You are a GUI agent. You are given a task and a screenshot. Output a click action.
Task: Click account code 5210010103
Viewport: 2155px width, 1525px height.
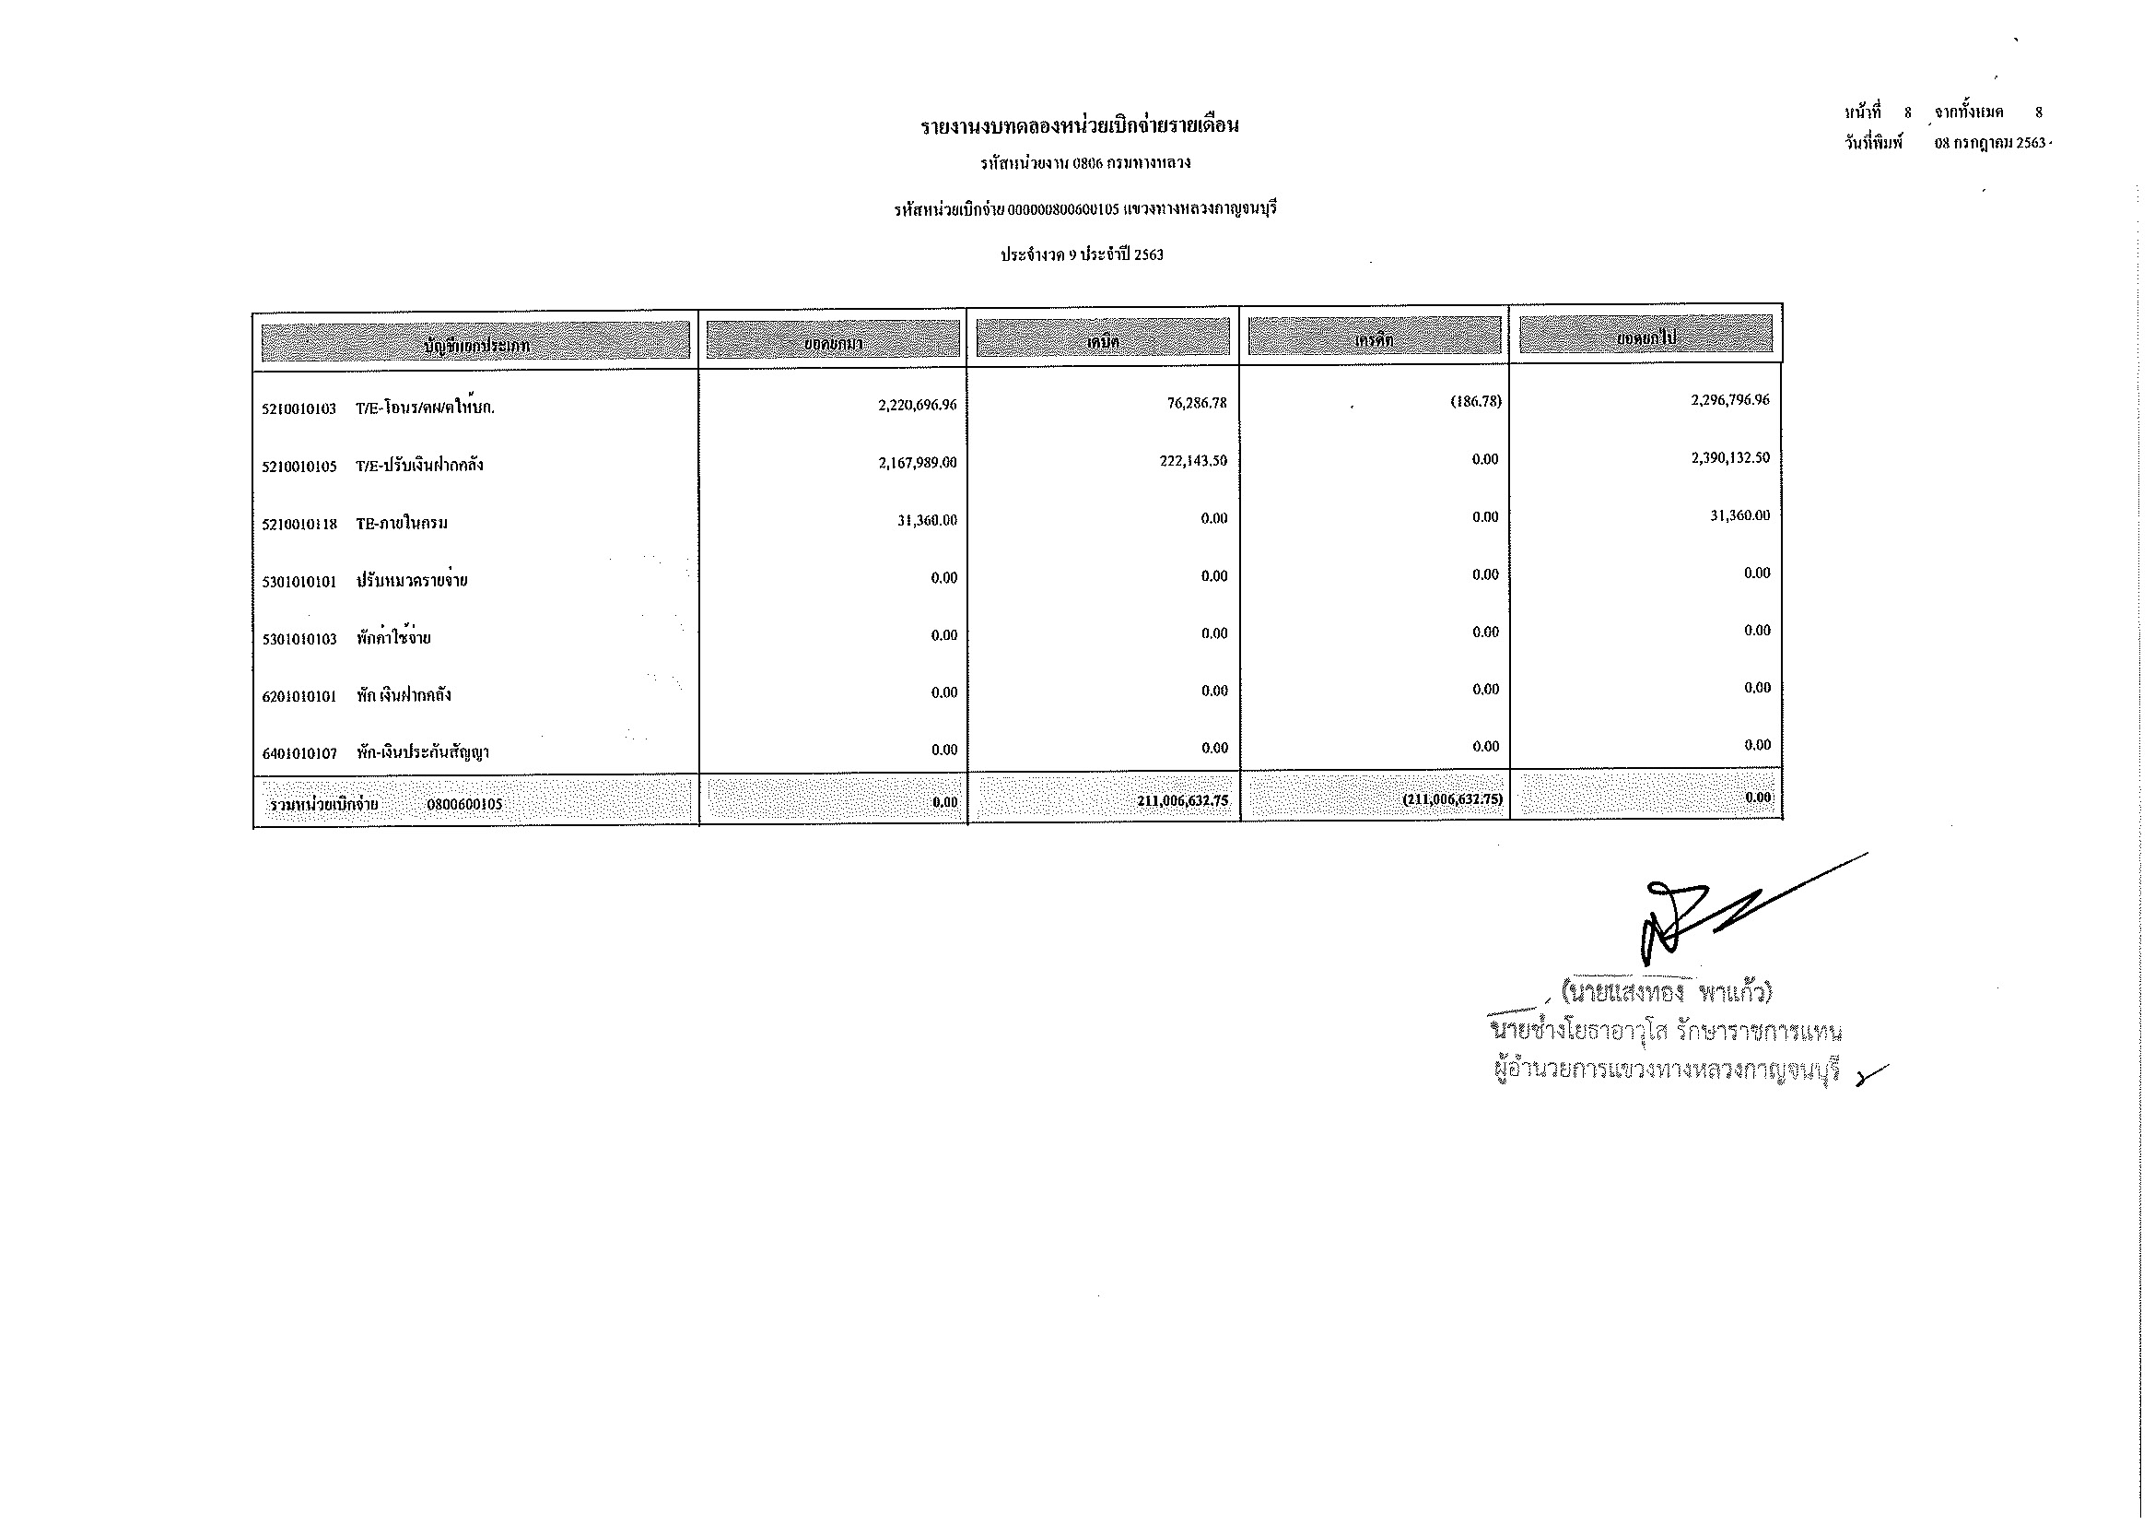point(299,408)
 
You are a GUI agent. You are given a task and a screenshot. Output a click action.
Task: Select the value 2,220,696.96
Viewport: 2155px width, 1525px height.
point(917,405)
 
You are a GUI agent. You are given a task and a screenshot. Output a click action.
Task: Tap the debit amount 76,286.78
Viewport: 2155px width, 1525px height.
point(1197,403)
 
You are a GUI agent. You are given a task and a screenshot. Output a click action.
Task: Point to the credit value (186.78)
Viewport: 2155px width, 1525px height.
point(1476,401)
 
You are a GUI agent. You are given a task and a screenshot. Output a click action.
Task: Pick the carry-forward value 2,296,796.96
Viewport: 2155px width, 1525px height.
point(1730,399)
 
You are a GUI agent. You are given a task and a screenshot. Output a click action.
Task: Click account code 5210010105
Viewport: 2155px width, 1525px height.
point(299,467)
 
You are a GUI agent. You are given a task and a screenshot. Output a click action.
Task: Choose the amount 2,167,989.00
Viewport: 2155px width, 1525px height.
point(917,463)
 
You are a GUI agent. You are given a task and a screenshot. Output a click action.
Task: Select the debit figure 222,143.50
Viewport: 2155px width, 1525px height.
point(1193,461)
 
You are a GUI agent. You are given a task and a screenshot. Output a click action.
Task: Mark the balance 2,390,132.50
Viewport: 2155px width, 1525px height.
point(1730,457)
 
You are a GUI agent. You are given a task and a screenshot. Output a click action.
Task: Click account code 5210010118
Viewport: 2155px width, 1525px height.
point(299,524)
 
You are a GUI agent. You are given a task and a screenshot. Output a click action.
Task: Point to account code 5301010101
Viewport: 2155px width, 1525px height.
point(299,582)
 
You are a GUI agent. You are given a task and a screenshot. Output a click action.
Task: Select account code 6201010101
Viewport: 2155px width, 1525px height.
point(299,697)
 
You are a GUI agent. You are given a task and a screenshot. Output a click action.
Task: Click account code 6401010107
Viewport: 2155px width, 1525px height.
point(299,754)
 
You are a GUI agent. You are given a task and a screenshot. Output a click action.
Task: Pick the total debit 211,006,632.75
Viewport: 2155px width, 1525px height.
point(1182,801)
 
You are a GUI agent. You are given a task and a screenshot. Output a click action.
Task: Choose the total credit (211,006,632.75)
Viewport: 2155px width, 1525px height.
point(1452,799)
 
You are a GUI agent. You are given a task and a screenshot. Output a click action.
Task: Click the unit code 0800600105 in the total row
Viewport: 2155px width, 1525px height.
point(463,805)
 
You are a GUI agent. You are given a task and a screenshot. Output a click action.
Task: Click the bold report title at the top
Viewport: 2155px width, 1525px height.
point(1079,124)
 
